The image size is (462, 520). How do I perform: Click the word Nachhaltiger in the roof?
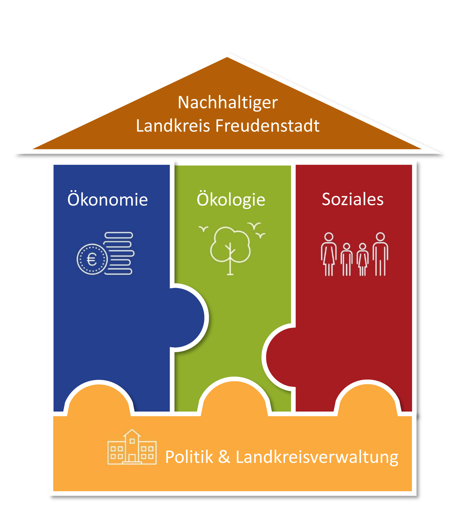coord(228,103)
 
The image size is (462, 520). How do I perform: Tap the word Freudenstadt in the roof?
coord(267,126)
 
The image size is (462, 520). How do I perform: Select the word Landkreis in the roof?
coord(173,126)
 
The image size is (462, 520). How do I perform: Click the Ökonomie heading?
coord(107,200)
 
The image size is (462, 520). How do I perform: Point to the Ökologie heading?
coord(231,200)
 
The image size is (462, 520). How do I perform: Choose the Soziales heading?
coord(352,199)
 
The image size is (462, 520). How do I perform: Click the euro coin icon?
coord(92,259)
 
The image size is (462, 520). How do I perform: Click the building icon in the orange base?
coord(132,447)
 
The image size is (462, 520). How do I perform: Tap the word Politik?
coord(189,457)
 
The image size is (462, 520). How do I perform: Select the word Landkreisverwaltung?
coord(317,457)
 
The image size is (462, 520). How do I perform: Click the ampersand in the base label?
coord(224,457)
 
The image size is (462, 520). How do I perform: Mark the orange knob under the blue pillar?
coord(99,399)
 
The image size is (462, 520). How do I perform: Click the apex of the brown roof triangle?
coord(227,58)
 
